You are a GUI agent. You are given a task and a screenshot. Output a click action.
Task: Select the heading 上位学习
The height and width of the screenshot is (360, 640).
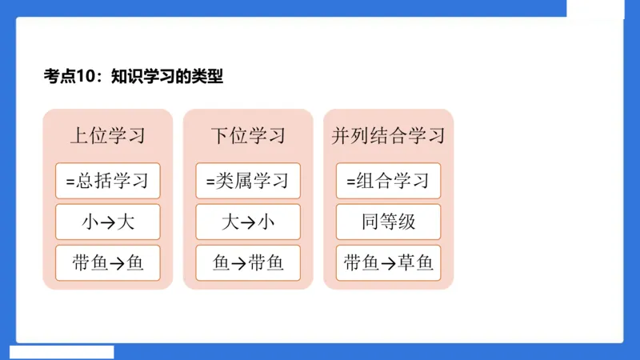pos(108,135)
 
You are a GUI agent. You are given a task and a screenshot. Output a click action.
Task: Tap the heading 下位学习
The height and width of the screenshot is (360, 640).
pos(248,135)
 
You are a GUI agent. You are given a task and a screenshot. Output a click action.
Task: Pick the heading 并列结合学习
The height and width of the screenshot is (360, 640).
pos(388,135)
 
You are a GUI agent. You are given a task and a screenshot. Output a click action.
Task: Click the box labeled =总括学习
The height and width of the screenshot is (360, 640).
pos(108,181)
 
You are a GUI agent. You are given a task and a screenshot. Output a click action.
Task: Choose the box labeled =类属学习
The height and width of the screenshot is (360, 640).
pos(248,181)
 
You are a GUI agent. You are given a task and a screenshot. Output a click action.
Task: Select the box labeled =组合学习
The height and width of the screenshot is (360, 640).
pos(388,181)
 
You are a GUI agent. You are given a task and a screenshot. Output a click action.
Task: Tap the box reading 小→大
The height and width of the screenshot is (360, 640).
pos(108,222)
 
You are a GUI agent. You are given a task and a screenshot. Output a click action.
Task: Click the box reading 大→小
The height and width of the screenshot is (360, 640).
pos(248,222)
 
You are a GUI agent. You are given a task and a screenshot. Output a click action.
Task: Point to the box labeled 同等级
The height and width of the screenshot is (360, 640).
pos(388,222)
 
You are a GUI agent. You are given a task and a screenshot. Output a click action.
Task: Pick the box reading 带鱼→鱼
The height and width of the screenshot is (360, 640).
pos(108,262)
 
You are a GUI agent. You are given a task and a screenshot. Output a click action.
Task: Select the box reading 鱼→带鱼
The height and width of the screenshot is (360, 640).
pos(248,262)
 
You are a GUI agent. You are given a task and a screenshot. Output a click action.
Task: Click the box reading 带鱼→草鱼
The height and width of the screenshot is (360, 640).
pos(388,262)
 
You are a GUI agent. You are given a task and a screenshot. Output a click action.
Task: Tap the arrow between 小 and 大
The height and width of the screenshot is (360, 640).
pos(108,222)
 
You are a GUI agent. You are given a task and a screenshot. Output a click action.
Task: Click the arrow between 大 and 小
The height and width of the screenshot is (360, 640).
pos(248,222)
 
